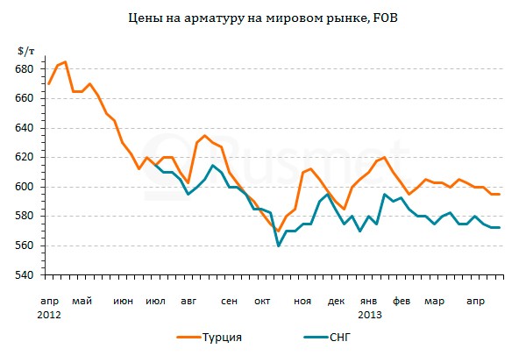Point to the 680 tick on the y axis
pyautogui.click(x=25, y=69)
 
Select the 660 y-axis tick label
pyautogui.click(x=25, y=99)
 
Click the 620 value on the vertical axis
pyautogui.click(x=25, y=158)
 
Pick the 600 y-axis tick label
pyautogui.click(x=25, y=188)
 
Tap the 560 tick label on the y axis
pyautogui.click(x=25, y=246)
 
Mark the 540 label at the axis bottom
pyautogui.click(x=25, y=275)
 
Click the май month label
pyautogui.click(x=82, y=301)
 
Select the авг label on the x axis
pyautogui.click(x=188, y=301)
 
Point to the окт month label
pyautogui.click(x=262, y=301)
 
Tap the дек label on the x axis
pyautogui.click(x=336, y=301)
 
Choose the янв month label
pyautogui.click(x=369, y=301)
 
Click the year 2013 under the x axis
pyautogui.click(x=370, y=313)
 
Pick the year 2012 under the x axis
pyautogui.click(x=49, y=313)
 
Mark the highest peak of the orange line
pyautogui.click(x=65, y=62)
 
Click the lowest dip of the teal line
pyautogui.click(x=278, y=246)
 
